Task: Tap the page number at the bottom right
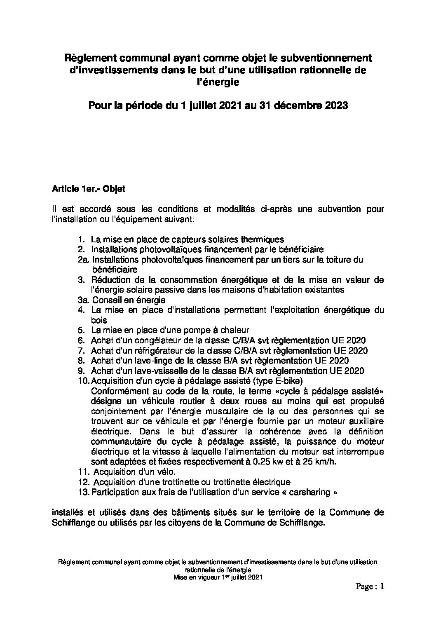tap(370, 587)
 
